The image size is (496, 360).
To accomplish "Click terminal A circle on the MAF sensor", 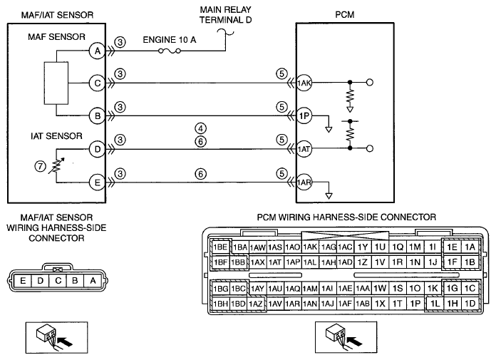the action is click(97, 51).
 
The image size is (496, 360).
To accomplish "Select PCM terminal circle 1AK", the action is click(304, 83).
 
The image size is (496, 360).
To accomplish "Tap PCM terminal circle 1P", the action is click(304, 115).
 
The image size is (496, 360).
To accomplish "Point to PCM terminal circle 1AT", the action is click(304, 149).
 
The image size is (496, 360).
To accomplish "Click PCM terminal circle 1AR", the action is click(304, 182).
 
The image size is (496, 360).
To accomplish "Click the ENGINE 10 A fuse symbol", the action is click(169, 51).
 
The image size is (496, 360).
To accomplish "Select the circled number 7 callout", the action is click(40, 166).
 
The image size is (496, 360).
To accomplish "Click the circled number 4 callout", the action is click(200, 128).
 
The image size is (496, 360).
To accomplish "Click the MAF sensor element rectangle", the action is click(56, 83).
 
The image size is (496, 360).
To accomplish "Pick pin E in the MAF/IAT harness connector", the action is click(23, 281).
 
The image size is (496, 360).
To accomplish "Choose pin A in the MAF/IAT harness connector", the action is click(93, 281).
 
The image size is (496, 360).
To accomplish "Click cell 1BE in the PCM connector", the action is click(220, 247).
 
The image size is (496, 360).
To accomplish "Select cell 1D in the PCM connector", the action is click(470, 304).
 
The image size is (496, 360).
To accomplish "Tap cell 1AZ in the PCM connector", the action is click(256, 304).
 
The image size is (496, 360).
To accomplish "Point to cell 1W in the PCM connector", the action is click(380, 288).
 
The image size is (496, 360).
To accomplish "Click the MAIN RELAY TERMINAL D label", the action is click(225, 15).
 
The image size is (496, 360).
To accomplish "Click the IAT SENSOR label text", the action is click(56, 136).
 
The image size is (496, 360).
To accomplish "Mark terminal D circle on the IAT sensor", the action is click(97, 149).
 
